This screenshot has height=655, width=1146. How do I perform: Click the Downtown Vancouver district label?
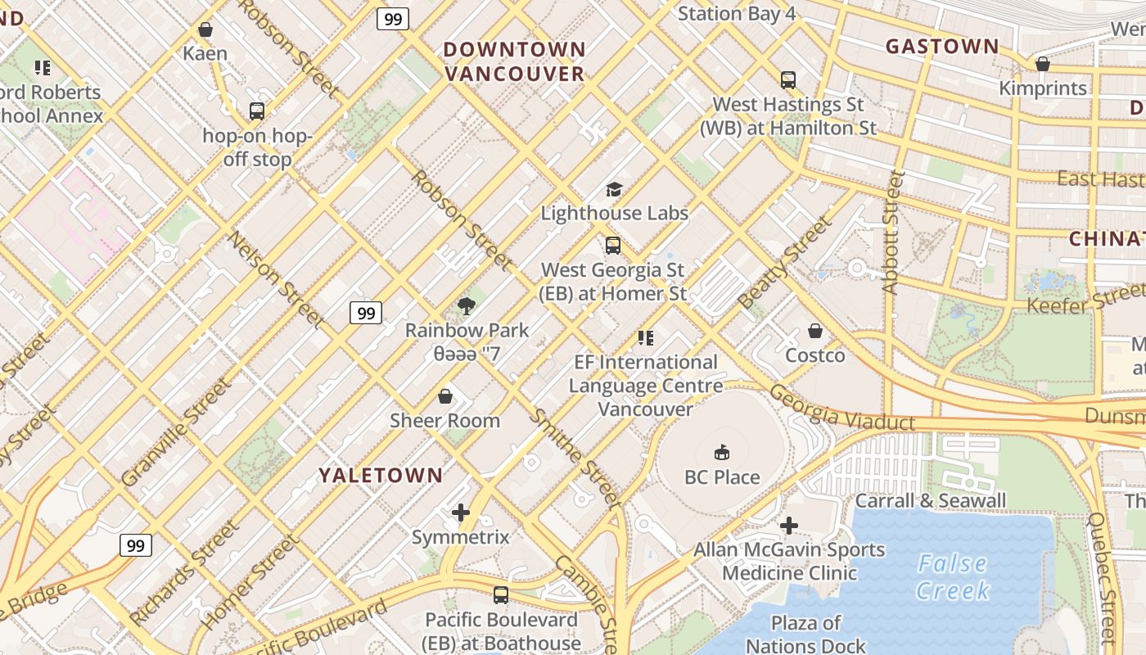(x=514, y=61)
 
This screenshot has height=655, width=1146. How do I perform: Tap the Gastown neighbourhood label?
(x=942, y=47)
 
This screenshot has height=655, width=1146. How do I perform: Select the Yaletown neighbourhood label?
(x=381, y=475)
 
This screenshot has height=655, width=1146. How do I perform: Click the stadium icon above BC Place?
(x=722, y=452)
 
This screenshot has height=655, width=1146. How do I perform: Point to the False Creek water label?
(x=952, y=576)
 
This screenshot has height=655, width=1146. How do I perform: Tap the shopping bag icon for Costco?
(x=815, y=331)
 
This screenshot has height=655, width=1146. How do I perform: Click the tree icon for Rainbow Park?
(x=467, y=306)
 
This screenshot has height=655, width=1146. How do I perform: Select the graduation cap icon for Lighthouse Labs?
(x=614, y=190)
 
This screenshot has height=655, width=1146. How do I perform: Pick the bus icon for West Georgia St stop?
(x=612, y=245)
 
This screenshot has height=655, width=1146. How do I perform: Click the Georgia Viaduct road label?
(x=841, y=409)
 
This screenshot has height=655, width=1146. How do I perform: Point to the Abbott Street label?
(x=891, y=233)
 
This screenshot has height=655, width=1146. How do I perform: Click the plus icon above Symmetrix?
(x=461, y=513)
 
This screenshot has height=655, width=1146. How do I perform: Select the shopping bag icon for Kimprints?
(x=1042, y=64)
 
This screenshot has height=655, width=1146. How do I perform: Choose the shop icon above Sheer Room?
(x=444, y=397)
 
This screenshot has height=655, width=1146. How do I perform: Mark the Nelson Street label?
(x=277, y=279)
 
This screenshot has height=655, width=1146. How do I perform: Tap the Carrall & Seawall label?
(x=930, y=500)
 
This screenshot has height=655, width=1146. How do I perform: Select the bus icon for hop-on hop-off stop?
(x=256, y=111)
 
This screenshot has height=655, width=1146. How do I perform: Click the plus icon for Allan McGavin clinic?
(x=789, y=525)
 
